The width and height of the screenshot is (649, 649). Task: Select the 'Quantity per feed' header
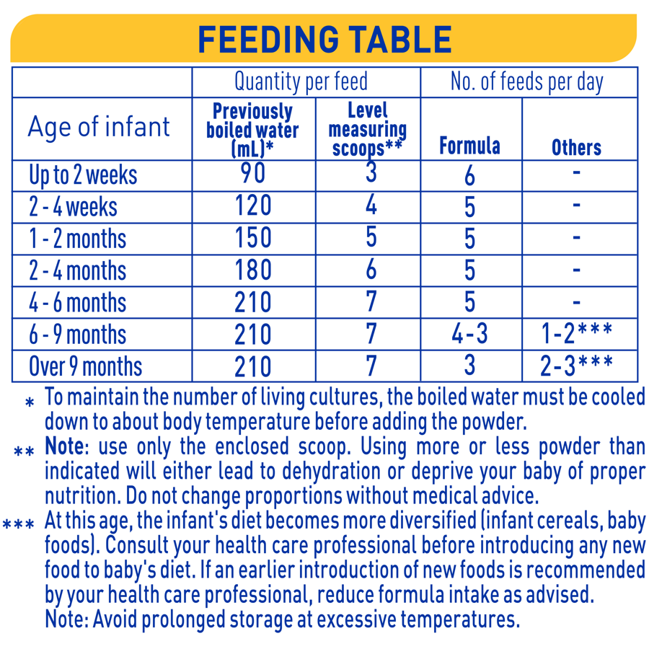[x=301, y=82]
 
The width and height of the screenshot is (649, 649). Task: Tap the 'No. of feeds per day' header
[x=526, y=82]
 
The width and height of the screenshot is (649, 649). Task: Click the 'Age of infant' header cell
[x=99, y=127]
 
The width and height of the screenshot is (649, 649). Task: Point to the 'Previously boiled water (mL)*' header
[x=252, y=130]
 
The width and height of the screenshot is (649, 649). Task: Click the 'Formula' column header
[x=469, y=146]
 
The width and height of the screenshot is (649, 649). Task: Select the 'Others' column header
[x=576, y=147]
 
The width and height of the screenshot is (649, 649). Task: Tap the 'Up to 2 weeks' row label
[x=83, y=175]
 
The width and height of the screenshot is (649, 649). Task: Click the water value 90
[x=252, y=174]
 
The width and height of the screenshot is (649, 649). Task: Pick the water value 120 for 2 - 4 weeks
[x=252, y=206]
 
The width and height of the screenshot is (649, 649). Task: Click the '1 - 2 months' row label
[x=78, y=239]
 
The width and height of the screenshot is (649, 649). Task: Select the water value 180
[x=252, y=270]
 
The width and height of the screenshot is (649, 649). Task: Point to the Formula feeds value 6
[x=469, y=175]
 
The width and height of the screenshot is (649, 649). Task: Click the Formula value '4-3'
[x=469, y=333]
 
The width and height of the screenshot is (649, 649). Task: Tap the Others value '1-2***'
[x=576, y=333]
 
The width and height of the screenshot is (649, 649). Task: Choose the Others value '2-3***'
[x=576, y=366]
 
